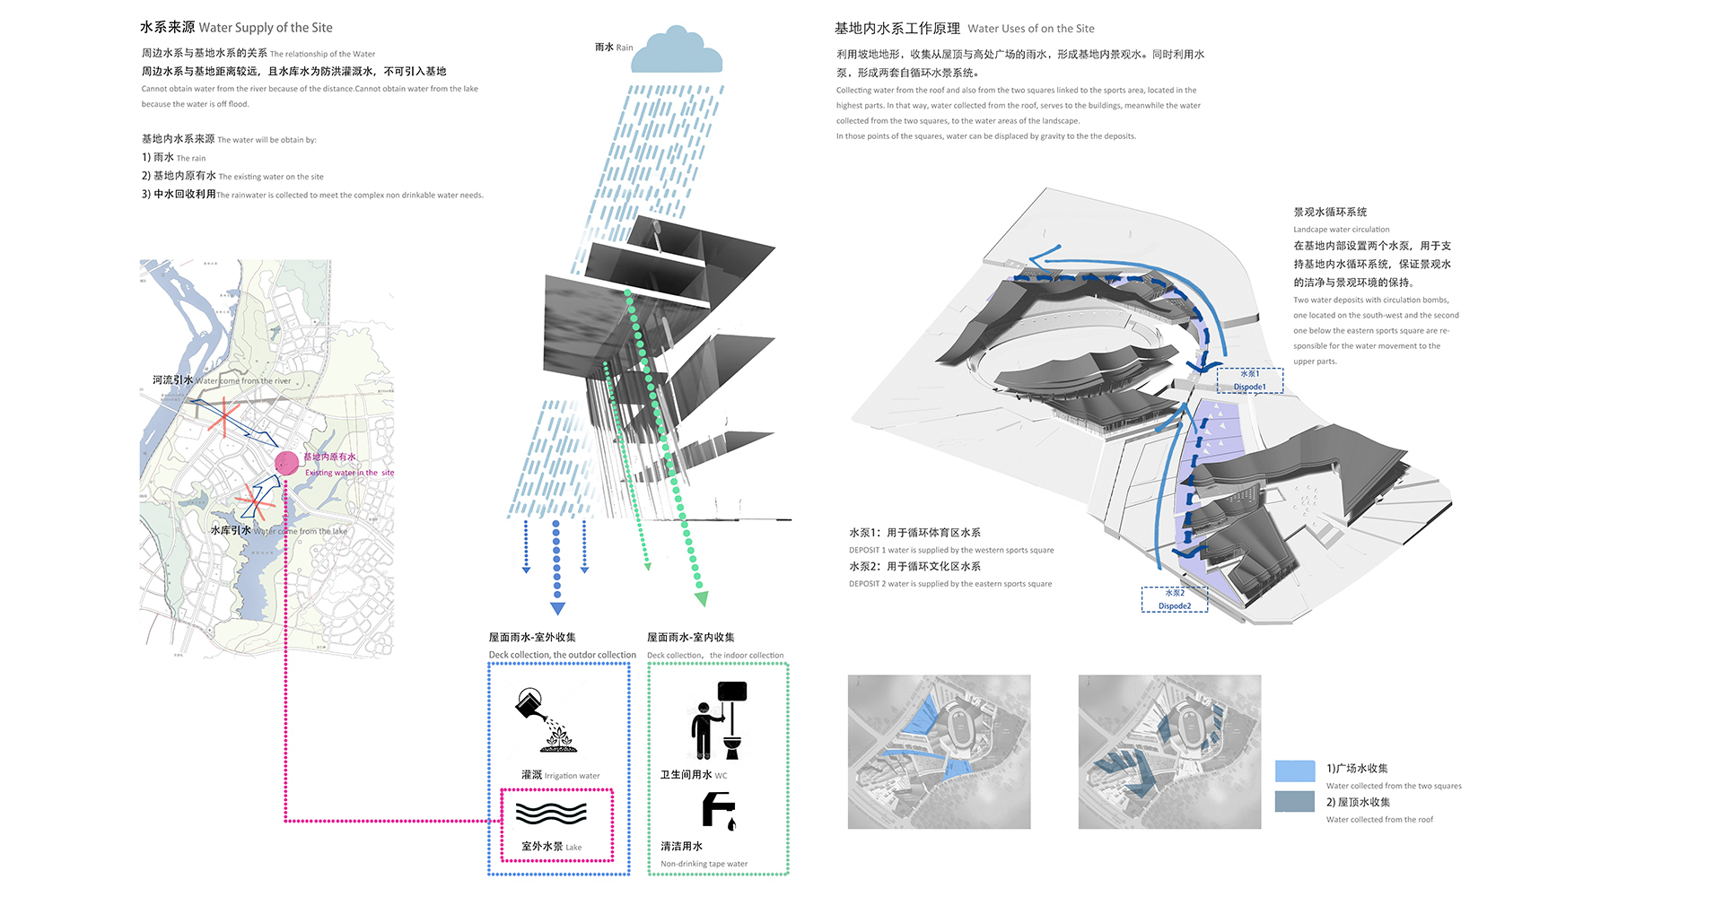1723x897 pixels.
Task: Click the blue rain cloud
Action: [x=677, y=51]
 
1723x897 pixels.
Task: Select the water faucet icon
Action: [x=718, y=811]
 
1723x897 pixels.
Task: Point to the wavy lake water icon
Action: [x=551, y=813]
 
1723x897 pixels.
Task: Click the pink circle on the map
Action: [x=286, y=463]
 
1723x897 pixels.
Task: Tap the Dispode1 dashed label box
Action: [x=1249, y=380]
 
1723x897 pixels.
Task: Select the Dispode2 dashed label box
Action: [x=1174, y=599]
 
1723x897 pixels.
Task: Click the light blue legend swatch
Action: [x=1294, y=771]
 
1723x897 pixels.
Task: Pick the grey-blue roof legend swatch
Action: [x=1294, y=801]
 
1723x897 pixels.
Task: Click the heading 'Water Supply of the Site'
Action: [x=266, y=28]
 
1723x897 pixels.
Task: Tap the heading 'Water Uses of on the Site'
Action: [x=1030, y=29]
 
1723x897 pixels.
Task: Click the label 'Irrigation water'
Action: [x=572, y=776]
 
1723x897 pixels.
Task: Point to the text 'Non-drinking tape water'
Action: [x=704, y=864]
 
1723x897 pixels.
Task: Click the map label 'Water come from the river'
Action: [x=243, y=381]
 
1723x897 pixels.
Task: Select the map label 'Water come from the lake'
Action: [x=301, y=531]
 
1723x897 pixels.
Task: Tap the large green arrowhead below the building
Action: [x=701, y=598]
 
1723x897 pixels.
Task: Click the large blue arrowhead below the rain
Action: [x=557, y=608]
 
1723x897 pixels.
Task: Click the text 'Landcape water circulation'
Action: [x=1341, y=230]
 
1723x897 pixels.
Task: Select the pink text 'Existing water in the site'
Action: [x=349, y=473]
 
